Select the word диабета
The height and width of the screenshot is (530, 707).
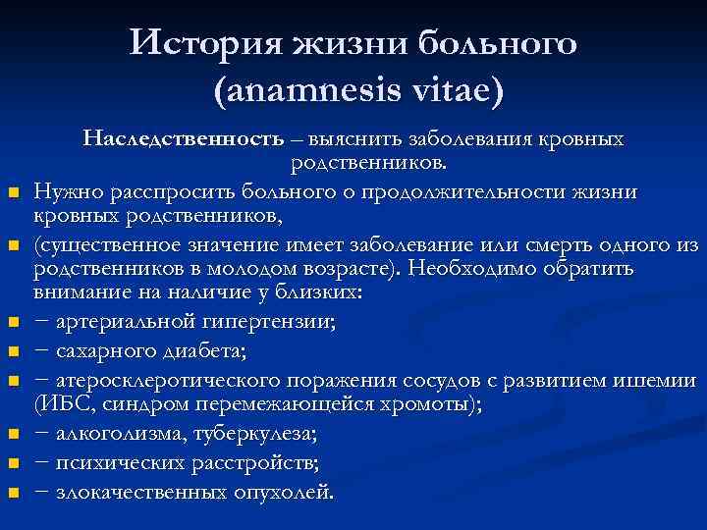point(224,348)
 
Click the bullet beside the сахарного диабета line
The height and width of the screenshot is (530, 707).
point(14,350)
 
